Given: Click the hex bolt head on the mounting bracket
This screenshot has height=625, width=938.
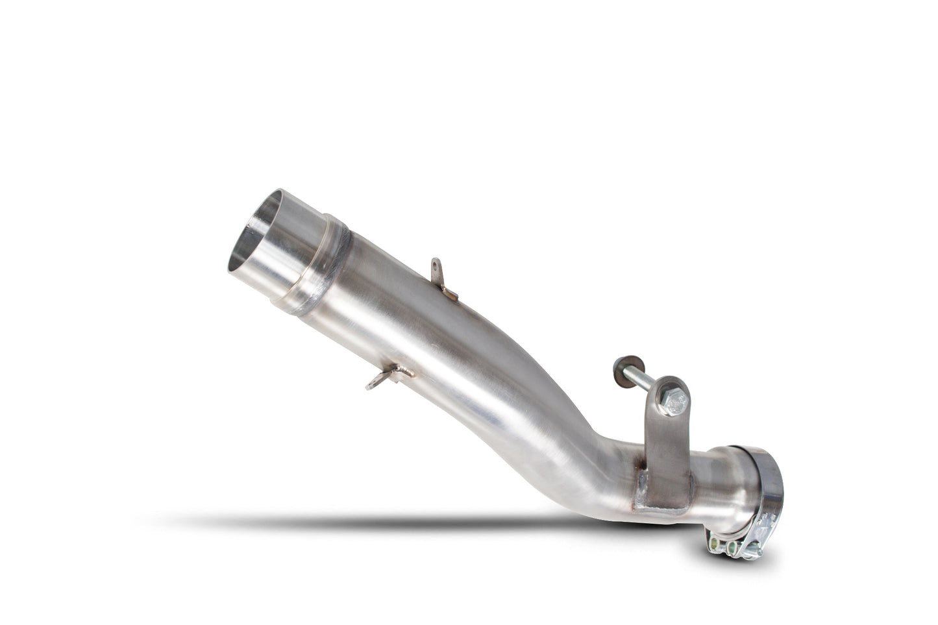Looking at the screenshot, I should click(673, 403).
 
